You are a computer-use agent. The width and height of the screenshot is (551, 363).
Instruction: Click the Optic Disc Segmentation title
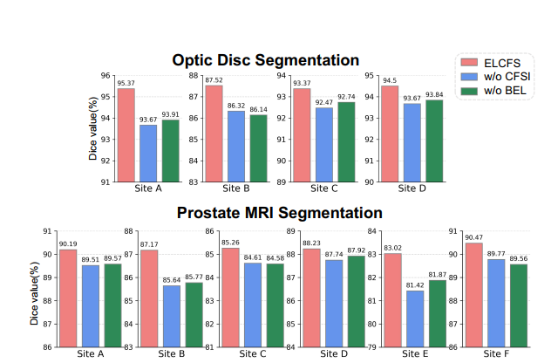pos(265,60)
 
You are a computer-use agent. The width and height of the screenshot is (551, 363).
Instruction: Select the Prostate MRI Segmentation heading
pos(279,213)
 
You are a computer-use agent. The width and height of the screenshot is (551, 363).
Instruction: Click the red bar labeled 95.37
pos(126,135)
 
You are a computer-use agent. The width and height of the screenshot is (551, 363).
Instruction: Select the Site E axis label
pos(415,355)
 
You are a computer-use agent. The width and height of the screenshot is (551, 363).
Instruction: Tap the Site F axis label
pos(497,355)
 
